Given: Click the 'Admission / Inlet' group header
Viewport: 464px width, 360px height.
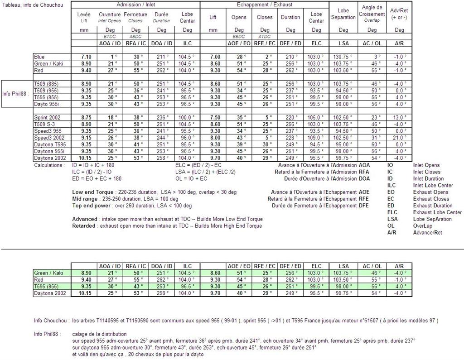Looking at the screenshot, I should (x=135, y=5).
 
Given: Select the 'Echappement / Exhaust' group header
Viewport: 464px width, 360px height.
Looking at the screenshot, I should (x=265, y=5).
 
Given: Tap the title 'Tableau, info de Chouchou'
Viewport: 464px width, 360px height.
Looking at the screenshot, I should (x=32, y=5).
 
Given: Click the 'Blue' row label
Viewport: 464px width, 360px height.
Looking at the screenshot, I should (x=39, y=57).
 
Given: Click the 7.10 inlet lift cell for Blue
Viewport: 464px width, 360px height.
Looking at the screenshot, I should (x=86, y=57).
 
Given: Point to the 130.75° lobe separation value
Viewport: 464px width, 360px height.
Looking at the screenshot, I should (x=343, y=57).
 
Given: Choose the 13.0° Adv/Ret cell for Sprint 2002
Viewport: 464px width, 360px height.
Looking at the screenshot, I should (x=399, y=117).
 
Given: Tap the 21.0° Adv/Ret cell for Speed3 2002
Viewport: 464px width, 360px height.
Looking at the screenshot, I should (x=399, y=138).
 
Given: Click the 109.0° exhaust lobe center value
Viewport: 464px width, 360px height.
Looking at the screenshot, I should (x=316, y=138).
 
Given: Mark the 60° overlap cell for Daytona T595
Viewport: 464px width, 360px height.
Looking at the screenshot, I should (x=372, y=144).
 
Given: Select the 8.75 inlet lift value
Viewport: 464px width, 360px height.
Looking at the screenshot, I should (x=86, y=117).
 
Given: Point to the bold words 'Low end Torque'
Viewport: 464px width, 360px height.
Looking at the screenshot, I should (x=91, y=192).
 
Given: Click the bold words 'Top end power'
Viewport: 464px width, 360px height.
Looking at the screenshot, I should (x=91, y=206).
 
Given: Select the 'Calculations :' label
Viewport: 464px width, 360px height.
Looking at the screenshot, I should (x=50, y=165).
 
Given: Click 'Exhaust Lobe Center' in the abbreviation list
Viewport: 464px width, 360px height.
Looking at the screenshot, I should (x=437, y=212).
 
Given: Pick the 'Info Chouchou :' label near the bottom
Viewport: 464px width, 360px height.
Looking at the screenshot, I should (x=52, y=321).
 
